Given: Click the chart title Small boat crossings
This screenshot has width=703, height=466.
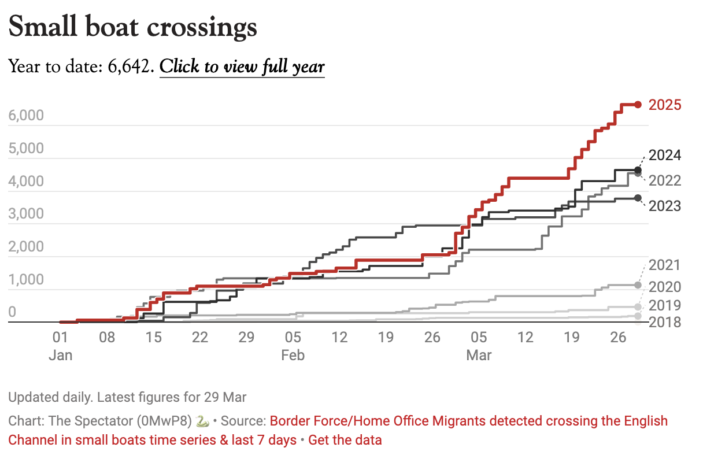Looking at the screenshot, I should [x=133, y=27].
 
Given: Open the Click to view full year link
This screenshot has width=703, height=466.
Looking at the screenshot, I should [x=242, y=66].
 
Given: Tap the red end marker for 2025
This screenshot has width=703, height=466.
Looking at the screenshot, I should [x=638, y=105].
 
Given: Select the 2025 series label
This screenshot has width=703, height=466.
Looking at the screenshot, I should [x=665, y=105].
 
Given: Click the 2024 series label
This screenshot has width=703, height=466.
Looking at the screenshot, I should [x=665, y=156].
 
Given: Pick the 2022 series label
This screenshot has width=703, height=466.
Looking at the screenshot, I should [x=665, y=181].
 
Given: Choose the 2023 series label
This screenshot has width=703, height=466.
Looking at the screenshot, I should [x=665, y=206].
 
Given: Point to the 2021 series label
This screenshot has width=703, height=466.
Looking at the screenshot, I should [x=665, y=265].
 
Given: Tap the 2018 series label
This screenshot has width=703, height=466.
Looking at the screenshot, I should [x=665, y=322].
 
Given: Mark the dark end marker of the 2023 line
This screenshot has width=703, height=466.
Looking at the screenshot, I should [x=638, y=198].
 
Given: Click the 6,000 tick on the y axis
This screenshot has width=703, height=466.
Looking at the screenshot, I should [x=27, y=116].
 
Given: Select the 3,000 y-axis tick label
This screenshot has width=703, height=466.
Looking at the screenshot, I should [x=27, y=214].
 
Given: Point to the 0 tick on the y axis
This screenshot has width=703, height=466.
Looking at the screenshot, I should [x=12, y=313].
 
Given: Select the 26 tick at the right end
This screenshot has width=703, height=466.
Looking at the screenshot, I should [x=619, y=337].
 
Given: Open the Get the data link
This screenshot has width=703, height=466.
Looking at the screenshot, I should [x=345, y=440].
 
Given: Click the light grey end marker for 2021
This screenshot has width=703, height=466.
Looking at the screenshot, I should [x=638, y=285].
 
